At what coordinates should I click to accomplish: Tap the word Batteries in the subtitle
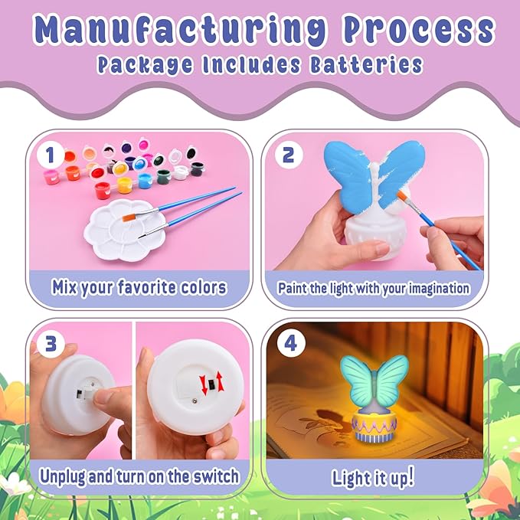[x=366, y=64]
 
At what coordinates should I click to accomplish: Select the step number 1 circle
[x=50, y=155]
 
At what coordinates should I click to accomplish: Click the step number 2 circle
[x=289, y=155]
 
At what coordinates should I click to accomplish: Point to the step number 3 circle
[x=50, y=344]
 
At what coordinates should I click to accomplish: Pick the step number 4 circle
[x=290, y=344]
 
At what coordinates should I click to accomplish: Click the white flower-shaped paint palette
[x=125, y=231]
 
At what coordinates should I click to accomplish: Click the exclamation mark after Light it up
[x=411, y=475]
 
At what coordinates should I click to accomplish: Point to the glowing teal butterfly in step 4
[x=374, y=378]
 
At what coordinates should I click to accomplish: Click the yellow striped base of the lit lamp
[x=374, y=428]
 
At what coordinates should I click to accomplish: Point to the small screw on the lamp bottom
[x=195, y=402]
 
